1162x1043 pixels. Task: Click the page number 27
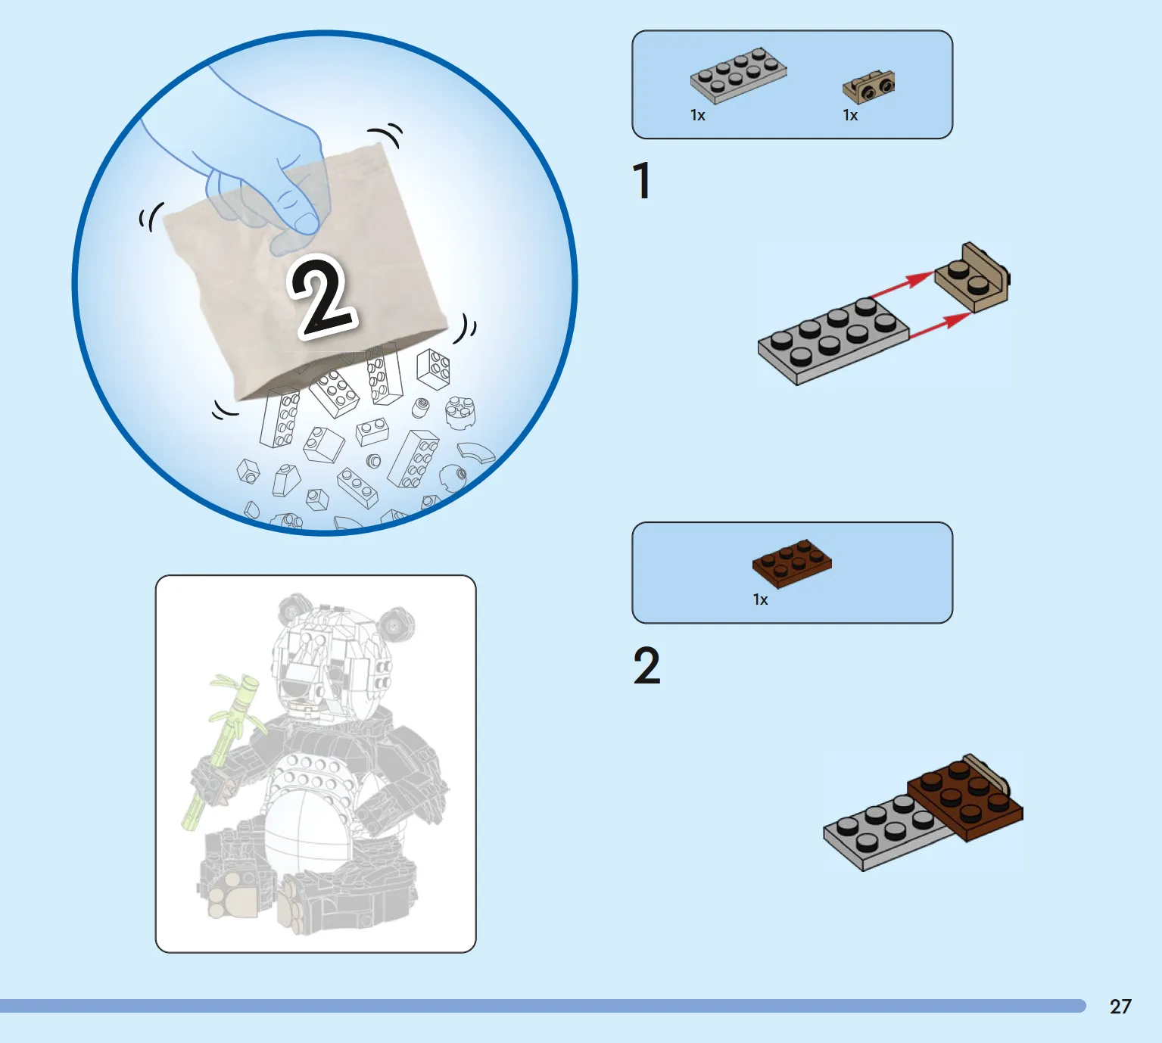tap(1120, 1006)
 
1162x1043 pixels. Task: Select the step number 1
tap(643, 181)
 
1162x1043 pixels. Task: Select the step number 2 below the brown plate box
tap(647, 665)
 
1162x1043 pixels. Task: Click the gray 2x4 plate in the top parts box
tap(738, 75)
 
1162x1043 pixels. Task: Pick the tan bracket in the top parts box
tap(868, 86)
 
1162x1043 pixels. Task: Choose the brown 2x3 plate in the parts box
tap(792, 563)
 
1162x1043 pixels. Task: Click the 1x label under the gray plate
tap(697, 115)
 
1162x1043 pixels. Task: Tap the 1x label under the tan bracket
tap(850, 115)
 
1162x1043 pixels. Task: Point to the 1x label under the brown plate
tap(761, 599)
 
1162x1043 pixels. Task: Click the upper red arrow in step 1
tap(903, 285)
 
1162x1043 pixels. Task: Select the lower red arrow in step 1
tap(941, 325)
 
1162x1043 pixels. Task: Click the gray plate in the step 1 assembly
tap(833, 342)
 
